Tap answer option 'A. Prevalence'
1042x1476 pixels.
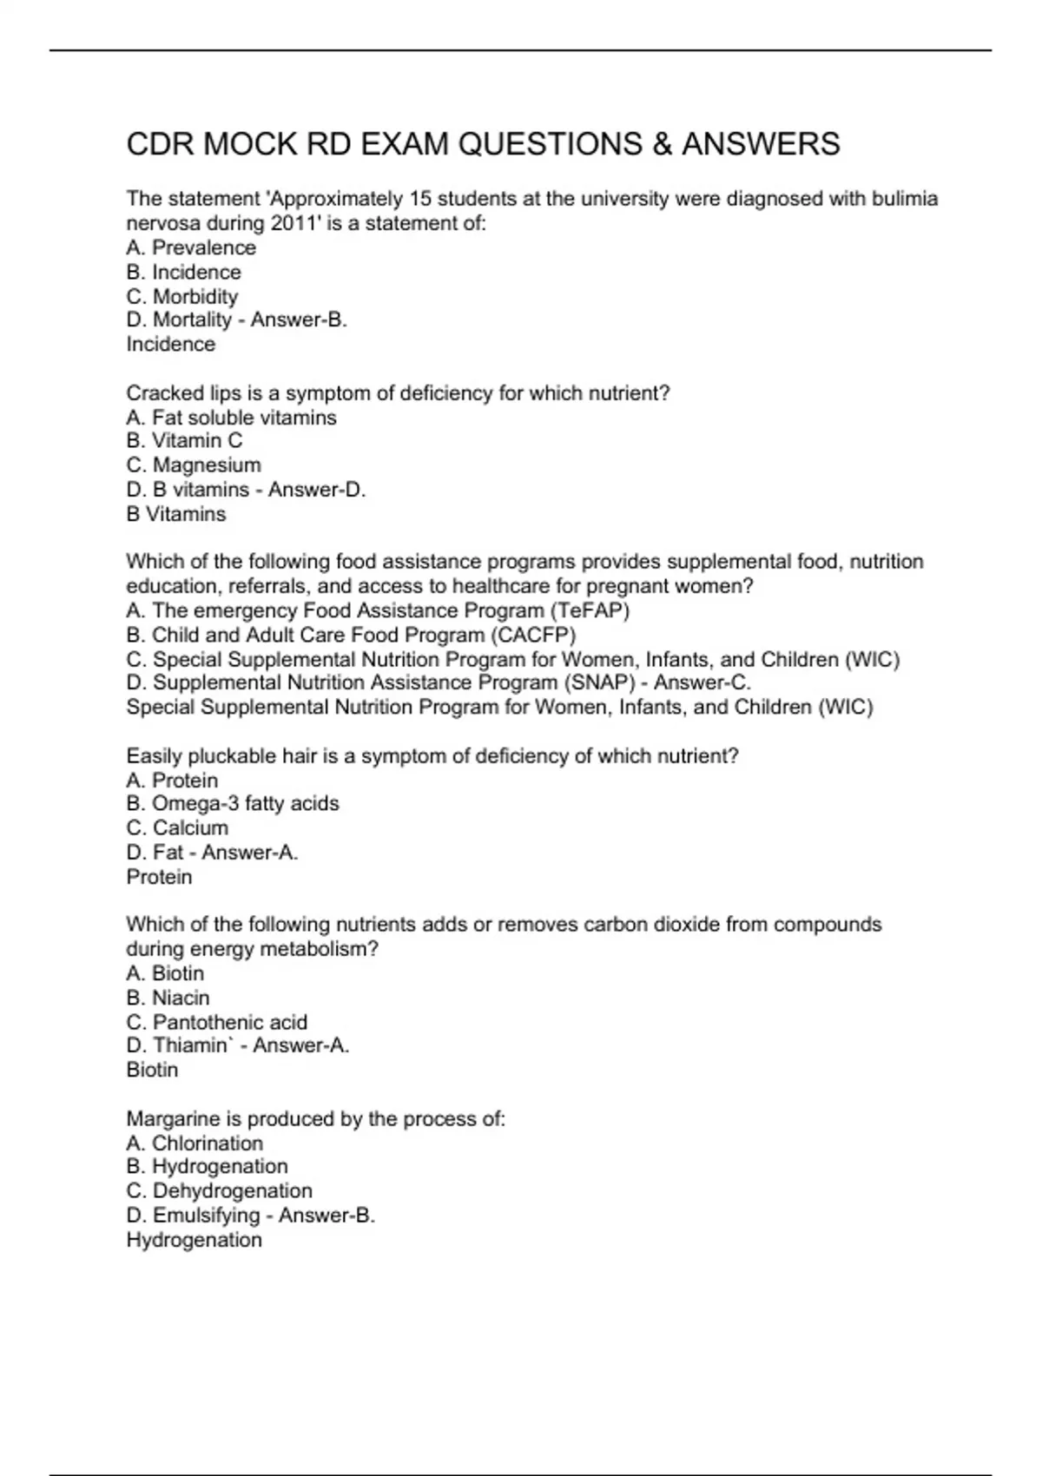coord(191,247)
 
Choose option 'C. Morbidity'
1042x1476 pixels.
coord(181,296)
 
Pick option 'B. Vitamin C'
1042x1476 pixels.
coord(184,441)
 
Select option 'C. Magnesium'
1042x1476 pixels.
coord(193,465)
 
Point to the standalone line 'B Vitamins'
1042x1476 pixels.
coord(175,514)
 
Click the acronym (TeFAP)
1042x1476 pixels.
coord(590,610)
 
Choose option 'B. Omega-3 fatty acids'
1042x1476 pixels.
coord(232,804)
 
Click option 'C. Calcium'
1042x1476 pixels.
coord(177,828)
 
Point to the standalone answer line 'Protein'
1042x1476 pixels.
coord(159,877)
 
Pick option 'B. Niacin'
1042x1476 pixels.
coord(168,998)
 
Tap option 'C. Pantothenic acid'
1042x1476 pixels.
coord(216,1022)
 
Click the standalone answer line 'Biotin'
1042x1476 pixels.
coord(152,1070)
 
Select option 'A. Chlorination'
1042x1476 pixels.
coord(195,1143)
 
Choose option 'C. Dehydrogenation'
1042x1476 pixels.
coord(219,1191)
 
